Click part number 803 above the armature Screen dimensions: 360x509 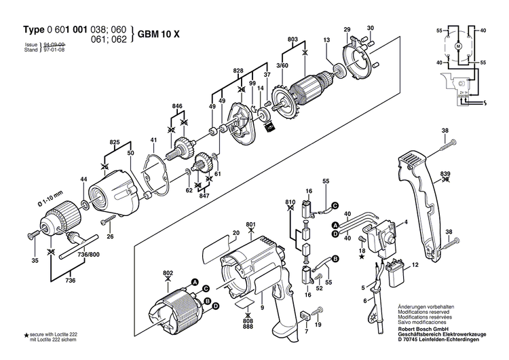[293, 41]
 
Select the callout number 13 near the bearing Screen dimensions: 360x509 [326, 41]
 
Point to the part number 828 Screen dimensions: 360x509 [238, 71]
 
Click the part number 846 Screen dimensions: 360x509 [177, 107]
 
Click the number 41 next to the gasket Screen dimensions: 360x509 [154, 141]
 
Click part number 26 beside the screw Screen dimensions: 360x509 [110, 236]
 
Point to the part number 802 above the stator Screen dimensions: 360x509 [168, 273]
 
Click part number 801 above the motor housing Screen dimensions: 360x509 [250, 225]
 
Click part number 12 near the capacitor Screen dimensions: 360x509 [415, 263]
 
